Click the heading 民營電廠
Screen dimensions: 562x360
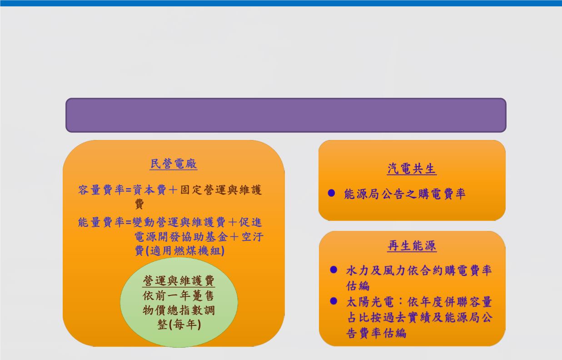174,164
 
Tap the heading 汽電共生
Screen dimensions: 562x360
412,169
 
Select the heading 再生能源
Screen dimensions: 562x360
412,245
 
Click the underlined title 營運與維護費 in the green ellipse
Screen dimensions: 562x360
179,280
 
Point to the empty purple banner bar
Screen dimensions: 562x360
286,115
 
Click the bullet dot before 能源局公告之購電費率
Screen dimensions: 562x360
331,193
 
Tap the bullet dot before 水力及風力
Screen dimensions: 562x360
333,270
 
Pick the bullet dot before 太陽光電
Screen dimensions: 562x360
333,301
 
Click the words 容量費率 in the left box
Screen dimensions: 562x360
101,190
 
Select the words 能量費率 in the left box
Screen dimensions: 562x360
101,222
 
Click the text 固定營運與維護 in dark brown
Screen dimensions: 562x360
221,190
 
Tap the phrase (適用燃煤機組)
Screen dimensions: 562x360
185,250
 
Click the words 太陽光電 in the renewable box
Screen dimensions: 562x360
369,302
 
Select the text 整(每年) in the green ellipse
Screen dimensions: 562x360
179,325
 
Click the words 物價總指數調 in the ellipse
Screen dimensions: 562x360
179,310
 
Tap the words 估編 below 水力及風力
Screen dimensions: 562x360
358,286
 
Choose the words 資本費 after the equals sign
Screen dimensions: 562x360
149,190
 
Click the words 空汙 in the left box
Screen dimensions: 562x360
253,236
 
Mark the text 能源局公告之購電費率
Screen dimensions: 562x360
405,194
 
